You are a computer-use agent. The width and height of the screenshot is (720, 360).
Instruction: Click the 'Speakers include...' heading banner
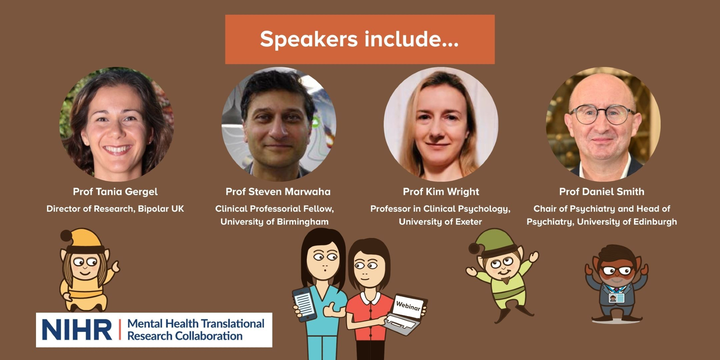point(360,39)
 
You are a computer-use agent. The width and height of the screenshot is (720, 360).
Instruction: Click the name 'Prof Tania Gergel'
point(115,192)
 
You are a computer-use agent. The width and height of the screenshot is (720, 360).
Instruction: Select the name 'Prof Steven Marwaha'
point(278,192)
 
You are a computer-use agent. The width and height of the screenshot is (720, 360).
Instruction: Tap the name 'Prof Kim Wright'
point(441,192)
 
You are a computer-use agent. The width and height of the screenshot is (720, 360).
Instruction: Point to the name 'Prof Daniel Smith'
point(602,192)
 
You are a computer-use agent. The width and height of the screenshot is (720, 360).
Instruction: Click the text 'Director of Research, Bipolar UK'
point(115,209)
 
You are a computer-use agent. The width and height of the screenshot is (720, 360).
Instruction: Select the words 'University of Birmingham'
point(274,222)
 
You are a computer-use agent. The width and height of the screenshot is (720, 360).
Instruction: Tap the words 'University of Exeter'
point(440,222)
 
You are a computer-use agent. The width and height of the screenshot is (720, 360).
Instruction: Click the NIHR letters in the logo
point(77,330)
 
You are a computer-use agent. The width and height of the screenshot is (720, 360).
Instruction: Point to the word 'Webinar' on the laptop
point(408,306)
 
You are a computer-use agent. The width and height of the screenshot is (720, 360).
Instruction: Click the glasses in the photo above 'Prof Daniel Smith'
point(602,115)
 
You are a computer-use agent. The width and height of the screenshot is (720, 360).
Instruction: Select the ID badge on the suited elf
point(616,298)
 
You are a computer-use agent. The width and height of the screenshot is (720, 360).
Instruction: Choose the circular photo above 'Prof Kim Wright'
point(441,124)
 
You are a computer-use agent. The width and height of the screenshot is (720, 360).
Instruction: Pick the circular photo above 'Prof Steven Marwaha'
point(279,124)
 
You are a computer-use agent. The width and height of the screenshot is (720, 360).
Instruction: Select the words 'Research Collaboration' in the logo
point(185,336)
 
